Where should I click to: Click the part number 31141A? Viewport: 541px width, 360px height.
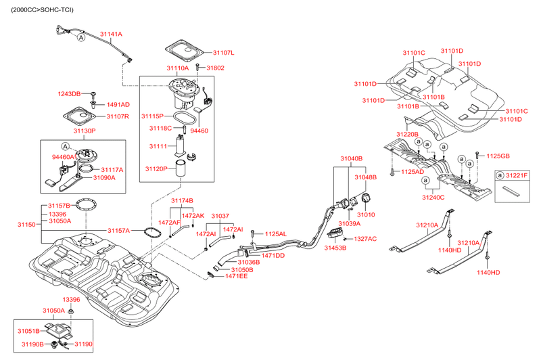pos(112,34)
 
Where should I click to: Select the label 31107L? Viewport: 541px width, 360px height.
pos(223,53)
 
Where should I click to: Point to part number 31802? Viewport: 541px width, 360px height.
pos(215,68)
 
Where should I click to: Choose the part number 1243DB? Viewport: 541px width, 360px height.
pos(69,93)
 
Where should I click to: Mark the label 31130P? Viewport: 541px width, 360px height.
pos(85,131)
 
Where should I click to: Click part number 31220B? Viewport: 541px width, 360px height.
pos(407,135)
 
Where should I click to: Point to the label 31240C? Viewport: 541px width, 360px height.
pos(433,198)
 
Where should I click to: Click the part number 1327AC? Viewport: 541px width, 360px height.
pos(365,239)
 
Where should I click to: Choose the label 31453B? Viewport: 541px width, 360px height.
pos(335,248)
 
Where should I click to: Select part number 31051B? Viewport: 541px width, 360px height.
pos(28,331)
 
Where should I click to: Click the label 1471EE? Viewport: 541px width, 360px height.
pos(237,276)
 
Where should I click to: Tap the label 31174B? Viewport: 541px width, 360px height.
pos(182,201)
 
